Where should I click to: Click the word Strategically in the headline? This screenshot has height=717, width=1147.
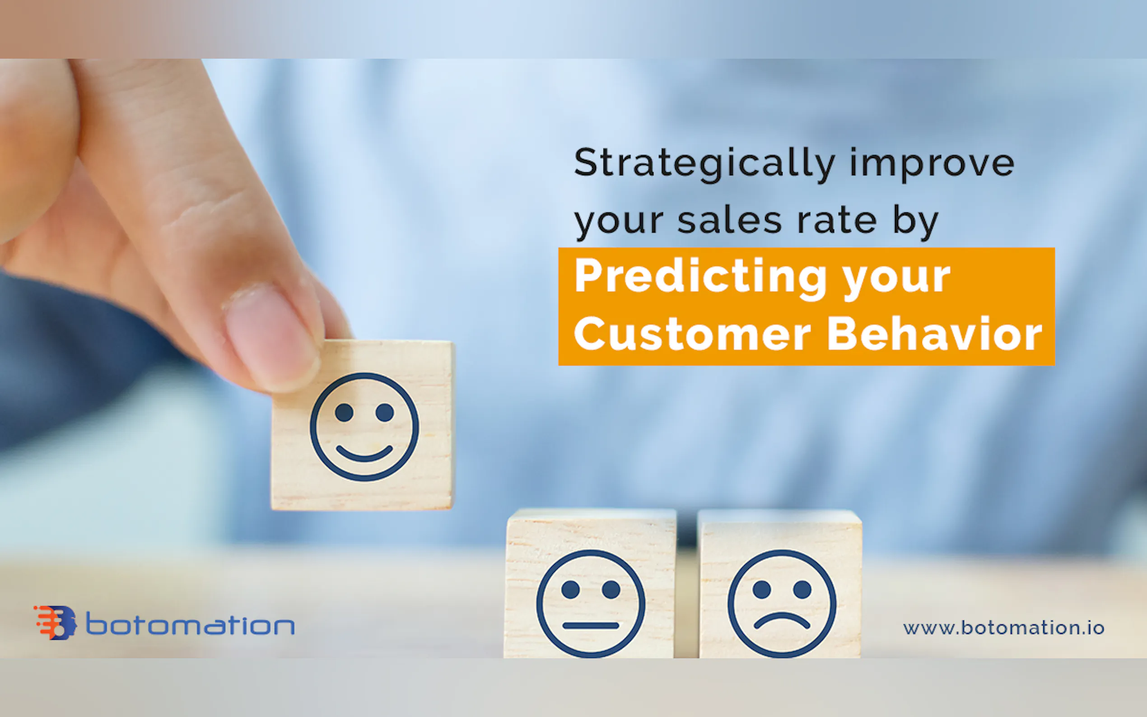tap(704, 164)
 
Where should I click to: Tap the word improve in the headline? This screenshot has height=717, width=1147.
tap(932, 164)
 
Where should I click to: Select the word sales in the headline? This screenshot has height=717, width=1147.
tap(729, 220)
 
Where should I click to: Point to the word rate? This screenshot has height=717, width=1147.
tap(837, 220)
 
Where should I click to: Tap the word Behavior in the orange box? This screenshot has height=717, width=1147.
tap(934, 334)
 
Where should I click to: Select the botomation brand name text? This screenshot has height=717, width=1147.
tap(190, 624)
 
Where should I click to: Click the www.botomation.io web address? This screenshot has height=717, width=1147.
tap(1004, 628)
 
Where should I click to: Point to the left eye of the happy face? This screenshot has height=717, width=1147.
tap(344, 412)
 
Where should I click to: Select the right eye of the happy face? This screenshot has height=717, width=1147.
tap(385, 412)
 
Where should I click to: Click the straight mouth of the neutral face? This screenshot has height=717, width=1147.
tap(590, 625)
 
